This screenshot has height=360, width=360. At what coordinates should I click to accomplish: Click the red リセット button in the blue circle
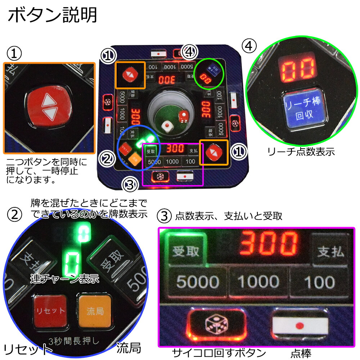coord(50,311)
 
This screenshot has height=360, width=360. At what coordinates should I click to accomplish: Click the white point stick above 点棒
coord(300,325)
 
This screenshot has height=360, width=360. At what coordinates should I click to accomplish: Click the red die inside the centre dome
coord(183,116)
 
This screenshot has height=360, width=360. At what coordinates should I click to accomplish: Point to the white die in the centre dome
coord(166,126)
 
